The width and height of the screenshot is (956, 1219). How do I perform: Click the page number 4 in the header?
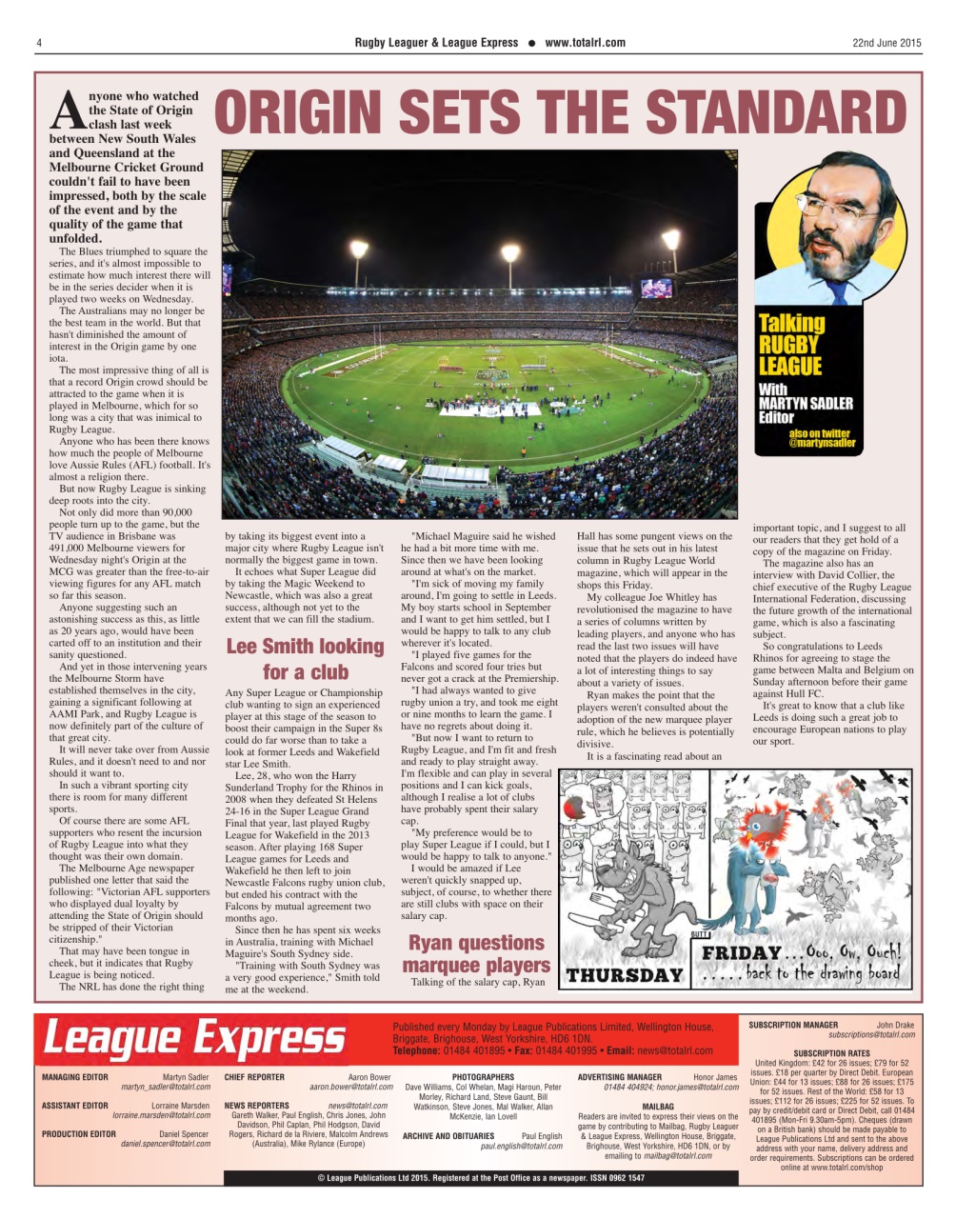pyautogui.click(x=38, y=43)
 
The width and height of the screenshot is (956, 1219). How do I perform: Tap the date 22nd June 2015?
pyautogui.click(x=886, y=43)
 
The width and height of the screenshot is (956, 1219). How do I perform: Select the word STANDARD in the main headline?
pyautogui.click(x=774, y=112)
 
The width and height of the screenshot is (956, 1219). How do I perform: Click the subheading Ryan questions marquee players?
pyautogui.click(x=476, y=953)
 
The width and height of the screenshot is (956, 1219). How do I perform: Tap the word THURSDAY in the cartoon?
pyautogui.click(x=625, y=975)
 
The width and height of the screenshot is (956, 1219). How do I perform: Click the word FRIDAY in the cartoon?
pyautogui.click(x=740, y=953)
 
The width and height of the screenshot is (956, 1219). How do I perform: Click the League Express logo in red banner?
pyautogui.click(x=195, y=1038)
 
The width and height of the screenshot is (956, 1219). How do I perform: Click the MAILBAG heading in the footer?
pyautogui.click(x=658, y=1107)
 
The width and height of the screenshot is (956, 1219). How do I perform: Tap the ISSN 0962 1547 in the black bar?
pyautogui.click(x=604, y=1178)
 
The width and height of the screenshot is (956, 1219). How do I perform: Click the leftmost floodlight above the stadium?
pyautogui.click(x=359, y=250)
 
